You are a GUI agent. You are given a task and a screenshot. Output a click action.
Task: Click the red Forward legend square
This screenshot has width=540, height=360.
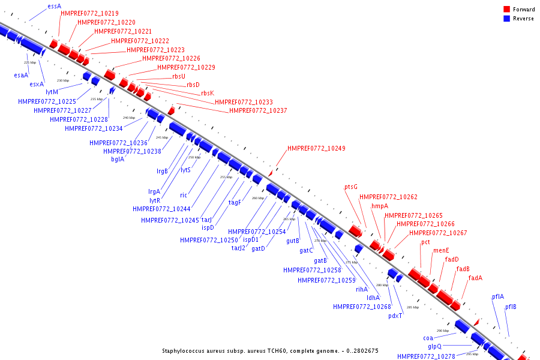[506, 9]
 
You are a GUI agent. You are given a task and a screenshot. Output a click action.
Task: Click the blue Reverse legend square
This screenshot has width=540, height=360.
[506, 18]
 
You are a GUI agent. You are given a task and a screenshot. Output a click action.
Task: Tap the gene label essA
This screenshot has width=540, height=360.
[54, 6]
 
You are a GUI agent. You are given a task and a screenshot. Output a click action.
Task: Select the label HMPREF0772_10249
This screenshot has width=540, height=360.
[316, 148]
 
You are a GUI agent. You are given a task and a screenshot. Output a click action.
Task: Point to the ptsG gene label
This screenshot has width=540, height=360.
[351, 187]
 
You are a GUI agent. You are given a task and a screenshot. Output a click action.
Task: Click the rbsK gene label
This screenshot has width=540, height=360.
[208, 93]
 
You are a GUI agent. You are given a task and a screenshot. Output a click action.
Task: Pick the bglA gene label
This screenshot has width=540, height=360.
[118, 159]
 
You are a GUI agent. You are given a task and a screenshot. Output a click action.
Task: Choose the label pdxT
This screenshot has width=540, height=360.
[395, 316]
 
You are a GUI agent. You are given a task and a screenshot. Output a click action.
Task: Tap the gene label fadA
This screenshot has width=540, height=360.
[475, 278]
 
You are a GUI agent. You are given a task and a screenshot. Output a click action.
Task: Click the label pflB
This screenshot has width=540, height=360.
[511, 307]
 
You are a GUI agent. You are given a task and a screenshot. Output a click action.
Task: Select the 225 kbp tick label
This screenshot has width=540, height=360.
[30, 62]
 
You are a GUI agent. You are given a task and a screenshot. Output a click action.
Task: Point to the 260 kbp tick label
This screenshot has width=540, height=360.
[258, 198]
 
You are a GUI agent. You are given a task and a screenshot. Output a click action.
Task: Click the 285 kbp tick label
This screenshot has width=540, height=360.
[413, 307]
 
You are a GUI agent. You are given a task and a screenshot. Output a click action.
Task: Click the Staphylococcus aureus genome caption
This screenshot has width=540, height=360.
[270, 350]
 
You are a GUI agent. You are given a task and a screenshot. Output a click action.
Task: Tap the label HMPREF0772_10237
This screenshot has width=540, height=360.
[258, 110]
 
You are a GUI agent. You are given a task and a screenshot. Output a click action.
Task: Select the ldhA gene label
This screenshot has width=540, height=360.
[373, 298]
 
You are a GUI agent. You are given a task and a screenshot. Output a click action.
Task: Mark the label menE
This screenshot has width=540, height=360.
[441, 250]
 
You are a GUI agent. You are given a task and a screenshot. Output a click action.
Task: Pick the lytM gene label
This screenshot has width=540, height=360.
[52, 92]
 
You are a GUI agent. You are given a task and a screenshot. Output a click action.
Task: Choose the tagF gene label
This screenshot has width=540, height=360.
[235, 202]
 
